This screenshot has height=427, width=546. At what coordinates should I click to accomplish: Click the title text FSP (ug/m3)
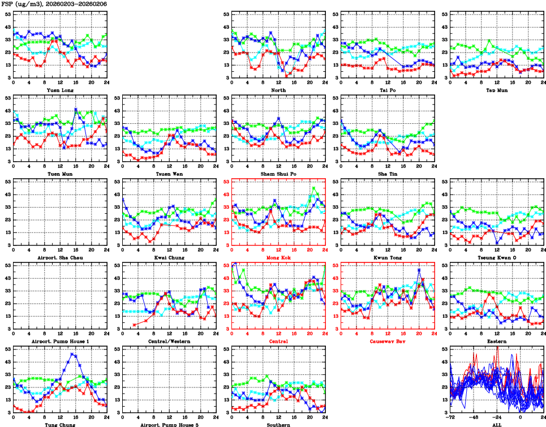[19, 4]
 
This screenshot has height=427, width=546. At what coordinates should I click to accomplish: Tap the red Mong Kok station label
[278, 257]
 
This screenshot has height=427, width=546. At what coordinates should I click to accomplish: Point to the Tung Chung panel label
[59, 424]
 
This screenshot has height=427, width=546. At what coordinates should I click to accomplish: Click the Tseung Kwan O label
[497, 257]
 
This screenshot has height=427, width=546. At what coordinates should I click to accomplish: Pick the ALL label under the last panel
[497, 424]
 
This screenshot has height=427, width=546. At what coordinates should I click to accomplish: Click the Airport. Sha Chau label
[59, 257]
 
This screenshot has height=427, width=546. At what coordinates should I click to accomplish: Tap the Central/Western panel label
[169, 341]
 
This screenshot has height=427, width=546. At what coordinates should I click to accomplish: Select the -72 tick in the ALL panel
[450, 418]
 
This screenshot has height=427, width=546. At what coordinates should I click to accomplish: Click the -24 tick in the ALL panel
[497, 418]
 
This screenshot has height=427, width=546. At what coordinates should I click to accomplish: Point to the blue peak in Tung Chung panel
[72, 354]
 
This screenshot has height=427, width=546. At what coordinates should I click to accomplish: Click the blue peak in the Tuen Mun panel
[76, 109]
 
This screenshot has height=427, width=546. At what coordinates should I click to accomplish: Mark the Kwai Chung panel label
[169, 257]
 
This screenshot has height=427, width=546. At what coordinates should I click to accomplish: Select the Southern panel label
[278, 424]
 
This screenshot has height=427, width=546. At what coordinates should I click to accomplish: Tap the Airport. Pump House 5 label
[169, 424]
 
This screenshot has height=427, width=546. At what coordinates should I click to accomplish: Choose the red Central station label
[278, 341]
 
